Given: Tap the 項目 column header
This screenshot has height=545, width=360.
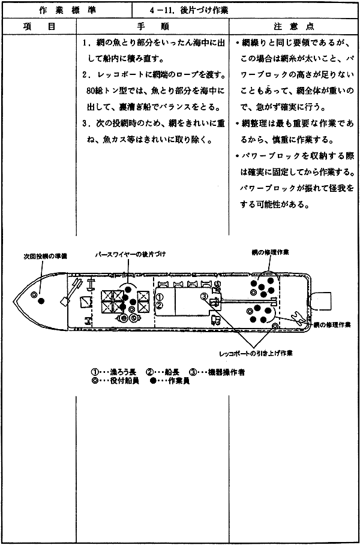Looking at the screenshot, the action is click(38, 26).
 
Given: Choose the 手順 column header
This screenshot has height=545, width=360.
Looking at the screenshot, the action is click(152, 26).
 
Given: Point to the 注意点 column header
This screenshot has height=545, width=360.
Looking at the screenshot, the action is click(294, 26).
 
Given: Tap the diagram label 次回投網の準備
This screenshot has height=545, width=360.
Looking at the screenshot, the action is click(43, 257).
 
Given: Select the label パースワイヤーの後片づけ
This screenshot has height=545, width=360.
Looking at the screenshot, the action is click(130, 254).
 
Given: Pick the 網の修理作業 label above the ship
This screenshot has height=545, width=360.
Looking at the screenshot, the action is click(271, 252).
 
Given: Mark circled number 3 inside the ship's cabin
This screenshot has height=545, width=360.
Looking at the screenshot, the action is click(204, 296).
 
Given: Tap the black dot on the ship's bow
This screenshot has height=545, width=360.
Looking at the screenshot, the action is click(41, 300).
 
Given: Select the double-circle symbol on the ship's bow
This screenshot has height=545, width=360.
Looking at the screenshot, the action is click(34, 295).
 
